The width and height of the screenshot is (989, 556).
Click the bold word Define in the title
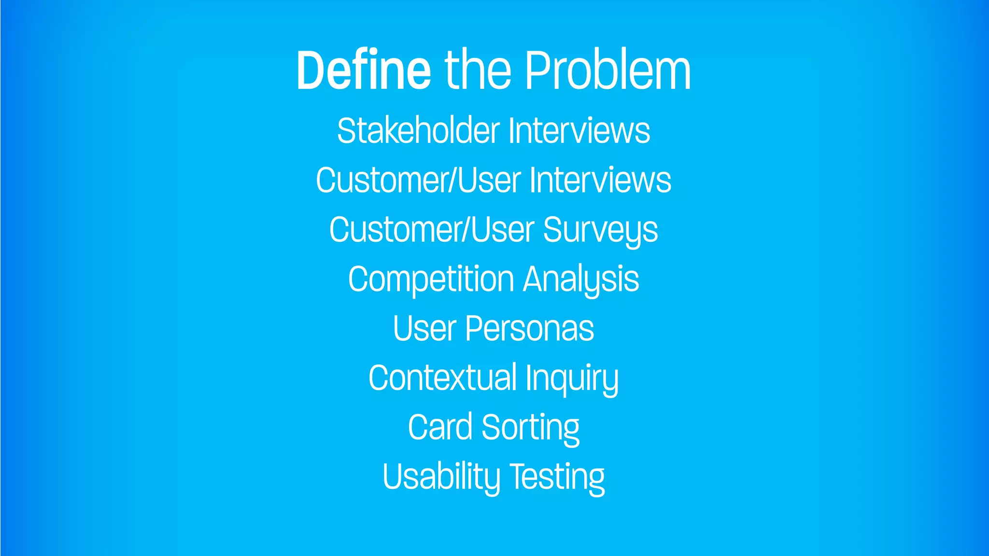coord(363,70)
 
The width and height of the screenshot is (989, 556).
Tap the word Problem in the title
coord(608,70)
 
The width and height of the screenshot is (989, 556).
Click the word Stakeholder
coord(418,131)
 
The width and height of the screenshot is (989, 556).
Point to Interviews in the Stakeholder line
coord(579,131)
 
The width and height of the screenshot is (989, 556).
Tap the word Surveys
coord(600,230)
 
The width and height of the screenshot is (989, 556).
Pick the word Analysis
coord(581,279)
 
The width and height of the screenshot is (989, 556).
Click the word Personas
coord(529,329)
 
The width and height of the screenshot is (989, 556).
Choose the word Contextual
coord(442,378)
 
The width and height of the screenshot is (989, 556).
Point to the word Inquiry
coord(572,378)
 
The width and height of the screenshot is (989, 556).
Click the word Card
coord(440,428)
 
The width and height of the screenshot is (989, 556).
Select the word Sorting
coord(530,428)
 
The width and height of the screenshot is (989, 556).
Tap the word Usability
coord(441,477)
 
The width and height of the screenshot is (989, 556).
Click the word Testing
coord(557,477)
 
